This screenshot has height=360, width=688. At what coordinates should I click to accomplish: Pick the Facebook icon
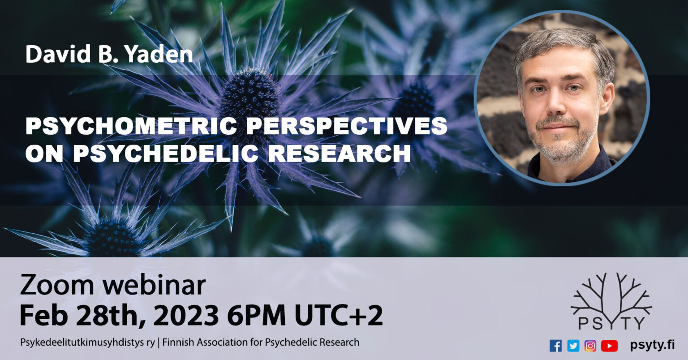pos(555,346)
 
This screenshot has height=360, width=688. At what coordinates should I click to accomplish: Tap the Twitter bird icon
pos(573,346)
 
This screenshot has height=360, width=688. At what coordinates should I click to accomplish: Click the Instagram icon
pos(590,346)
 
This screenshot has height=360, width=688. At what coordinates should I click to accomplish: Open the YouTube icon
pos(609,346)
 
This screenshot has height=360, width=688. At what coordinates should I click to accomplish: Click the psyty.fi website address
pos(652,345)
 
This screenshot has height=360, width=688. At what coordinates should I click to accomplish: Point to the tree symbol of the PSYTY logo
pos(611,294)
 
